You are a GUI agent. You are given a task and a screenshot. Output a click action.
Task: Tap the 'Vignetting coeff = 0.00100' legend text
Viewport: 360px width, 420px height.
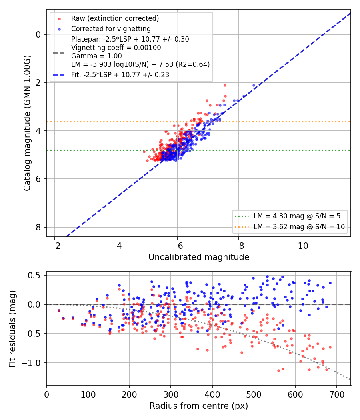[x=116, y=48]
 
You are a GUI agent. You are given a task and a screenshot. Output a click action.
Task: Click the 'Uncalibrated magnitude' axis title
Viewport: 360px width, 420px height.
[x=199, y=257]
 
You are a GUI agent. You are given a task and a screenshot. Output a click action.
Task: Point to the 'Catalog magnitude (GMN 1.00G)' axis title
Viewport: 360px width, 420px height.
[x=27, y=123]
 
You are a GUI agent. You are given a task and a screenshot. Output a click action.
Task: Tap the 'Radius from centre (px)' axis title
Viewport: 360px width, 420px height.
[x=199, y=406]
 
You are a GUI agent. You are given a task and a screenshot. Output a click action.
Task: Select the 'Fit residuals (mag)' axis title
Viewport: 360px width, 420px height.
[x=12, y=329]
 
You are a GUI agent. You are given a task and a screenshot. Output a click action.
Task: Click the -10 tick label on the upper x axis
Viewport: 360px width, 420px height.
[x=300, y=245]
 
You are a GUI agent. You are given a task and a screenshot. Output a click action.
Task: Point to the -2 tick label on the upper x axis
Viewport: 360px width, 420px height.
[x=54, y=245]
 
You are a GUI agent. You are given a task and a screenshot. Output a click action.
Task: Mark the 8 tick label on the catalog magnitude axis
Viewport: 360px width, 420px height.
[x=38, y=227]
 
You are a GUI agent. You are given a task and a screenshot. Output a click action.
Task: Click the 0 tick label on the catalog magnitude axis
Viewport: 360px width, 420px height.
[x=38, y=34]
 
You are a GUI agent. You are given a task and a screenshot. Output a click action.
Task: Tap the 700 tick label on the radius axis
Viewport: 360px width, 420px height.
[x=336, y=394]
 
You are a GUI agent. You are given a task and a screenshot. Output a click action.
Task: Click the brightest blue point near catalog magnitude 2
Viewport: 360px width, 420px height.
[x=254, y=86]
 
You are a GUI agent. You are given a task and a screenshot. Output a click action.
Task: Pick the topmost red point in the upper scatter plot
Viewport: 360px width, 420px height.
[x=225, y=86]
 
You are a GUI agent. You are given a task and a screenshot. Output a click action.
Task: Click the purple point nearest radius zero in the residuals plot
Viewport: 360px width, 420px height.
[x=59, y=311]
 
